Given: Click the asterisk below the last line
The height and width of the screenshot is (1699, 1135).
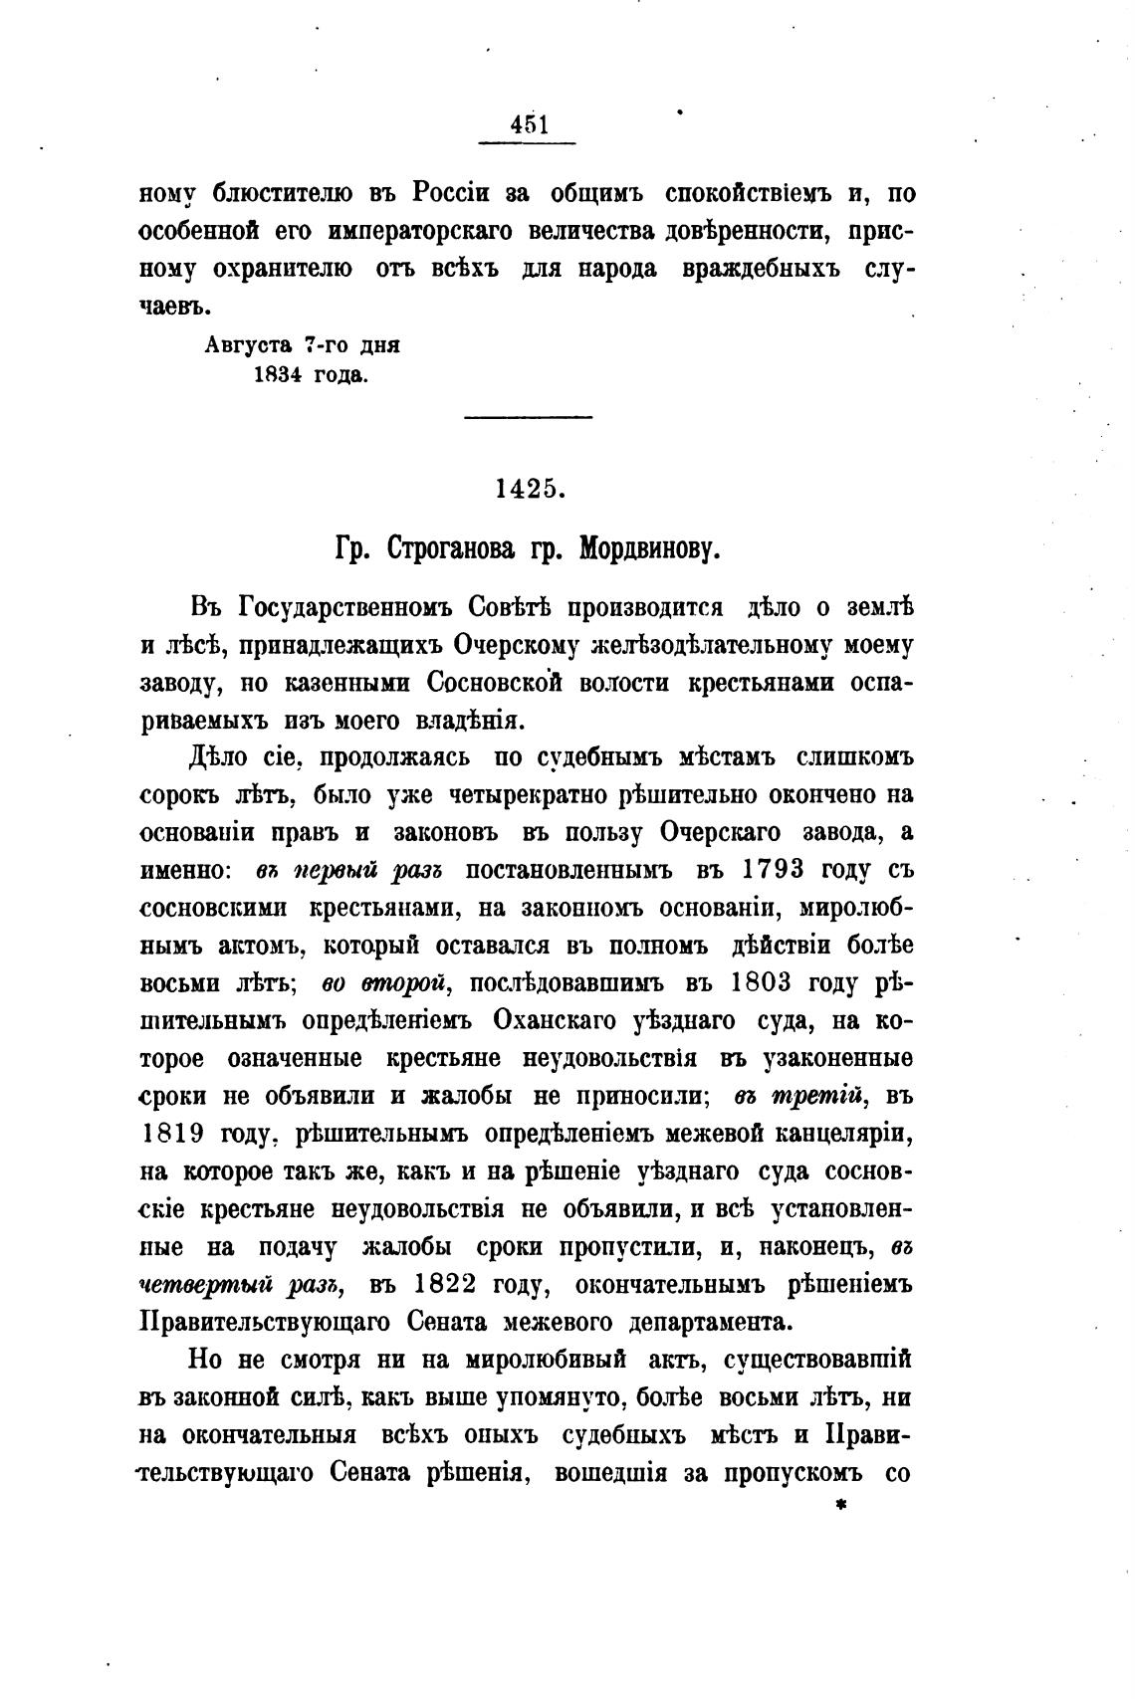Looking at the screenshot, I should pos(841,1506).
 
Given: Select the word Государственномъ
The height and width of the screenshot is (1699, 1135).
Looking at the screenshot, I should pos(342,606).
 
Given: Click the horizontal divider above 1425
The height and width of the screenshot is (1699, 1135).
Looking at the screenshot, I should pos(529,416).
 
